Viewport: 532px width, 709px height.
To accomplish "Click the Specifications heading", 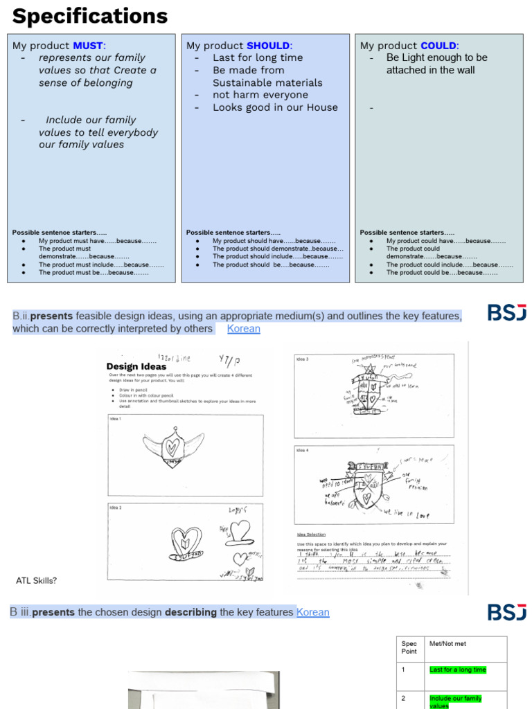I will click(x=90, y=16).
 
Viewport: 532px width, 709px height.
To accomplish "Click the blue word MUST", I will click(x=88, y=46).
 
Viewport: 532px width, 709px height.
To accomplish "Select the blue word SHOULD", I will click(x=269, y=46).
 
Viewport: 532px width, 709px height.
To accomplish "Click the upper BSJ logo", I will click(x=506, y=313).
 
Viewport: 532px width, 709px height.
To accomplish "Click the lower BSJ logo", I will click(x=506, y=612).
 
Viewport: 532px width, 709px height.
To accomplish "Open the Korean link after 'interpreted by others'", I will click(x=244, y=329).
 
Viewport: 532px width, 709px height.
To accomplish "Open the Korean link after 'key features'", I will click(x=313, y=613).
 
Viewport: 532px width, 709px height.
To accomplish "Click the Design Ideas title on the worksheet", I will click(x=136, y=366).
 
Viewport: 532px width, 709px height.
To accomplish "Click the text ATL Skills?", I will click(x=36, y=580).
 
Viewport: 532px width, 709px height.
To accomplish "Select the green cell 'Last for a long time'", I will click(x=458, y=670).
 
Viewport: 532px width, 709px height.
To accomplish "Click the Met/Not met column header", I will click(x=447, y=644).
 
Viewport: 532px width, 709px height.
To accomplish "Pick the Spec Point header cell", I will click(x=409, y=647).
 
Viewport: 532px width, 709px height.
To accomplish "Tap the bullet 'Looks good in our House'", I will click(x=275, y=107).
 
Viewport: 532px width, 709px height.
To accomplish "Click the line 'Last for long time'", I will click(x=257, y=57).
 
